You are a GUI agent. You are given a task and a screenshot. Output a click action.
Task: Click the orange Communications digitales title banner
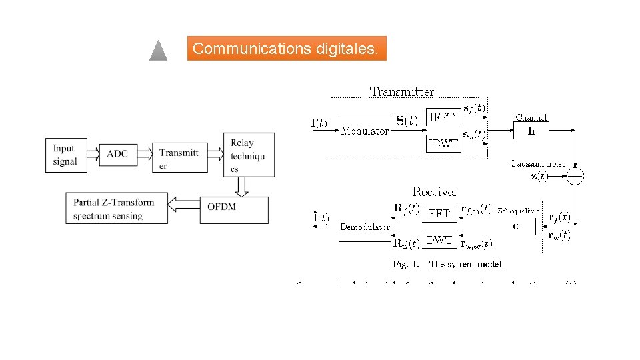tap(287, 49)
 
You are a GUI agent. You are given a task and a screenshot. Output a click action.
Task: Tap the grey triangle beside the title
tap(158, 51)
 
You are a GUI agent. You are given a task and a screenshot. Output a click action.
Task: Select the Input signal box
tap(65, 155)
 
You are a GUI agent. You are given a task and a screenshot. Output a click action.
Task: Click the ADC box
tap(117, 154)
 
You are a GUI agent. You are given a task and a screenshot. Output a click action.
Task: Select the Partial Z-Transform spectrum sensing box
tap(117, 209)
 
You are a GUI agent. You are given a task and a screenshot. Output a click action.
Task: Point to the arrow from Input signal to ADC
tap(91, 154)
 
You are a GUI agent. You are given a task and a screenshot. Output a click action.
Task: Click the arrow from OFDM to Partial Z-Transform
tap(184, 203)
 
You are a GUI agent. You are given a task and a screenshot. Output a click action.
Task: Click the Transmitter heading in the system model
tap(401, 92)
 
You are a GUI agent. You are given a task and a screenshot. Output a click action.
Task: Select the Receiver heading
tap(435, 192)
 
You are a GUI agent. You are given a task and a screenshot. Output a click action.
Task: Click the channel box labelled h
tap(531, 131)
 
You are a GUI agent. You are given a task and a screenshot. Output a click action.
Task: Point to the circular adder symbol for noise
tap(575, 176)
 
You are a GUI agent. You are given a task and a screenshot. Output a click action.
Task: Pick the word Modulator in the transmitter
tap(365, 131)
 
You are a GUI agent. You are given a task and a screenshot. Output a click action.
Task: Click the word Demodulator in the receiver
tap(365, 227)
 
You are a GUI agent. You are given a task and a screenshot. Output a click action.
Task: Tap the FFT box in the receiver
tap(439, 213)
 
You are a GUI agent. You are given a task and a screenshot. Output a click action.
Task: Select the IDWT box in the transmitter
tap(443, 143)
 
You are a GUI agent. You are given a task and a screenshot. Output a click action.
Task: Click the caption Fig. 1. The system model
tap(447, 265)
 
